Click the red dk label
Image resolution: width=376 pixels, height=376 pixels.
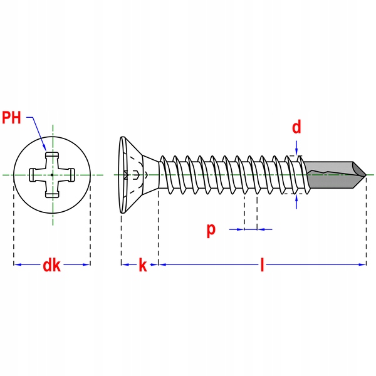click(x=51, y=265)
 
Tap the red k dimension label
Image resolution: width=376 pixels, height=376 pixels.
click(x=143, y=265)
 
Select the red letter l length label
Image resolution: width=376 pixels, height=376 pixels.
click(x=263, y=265)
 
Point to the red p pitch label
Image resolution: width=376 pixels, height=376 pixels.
click(x=211, y=229)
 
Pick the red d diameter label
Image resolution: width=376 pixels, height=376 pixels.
click(x=296, y=127)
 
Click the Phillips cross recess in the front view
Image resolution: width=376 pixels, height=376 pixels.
click(x=52, y=174)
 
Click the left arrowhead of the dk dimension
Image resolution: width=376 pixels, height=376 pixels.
click(x=17, y=264)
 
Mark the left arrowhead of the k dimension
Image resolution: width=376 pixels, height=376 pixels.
click(x=124, y=264)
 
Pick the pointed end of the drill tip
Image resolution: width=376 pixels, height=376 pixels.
click(x=365, y=174)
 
